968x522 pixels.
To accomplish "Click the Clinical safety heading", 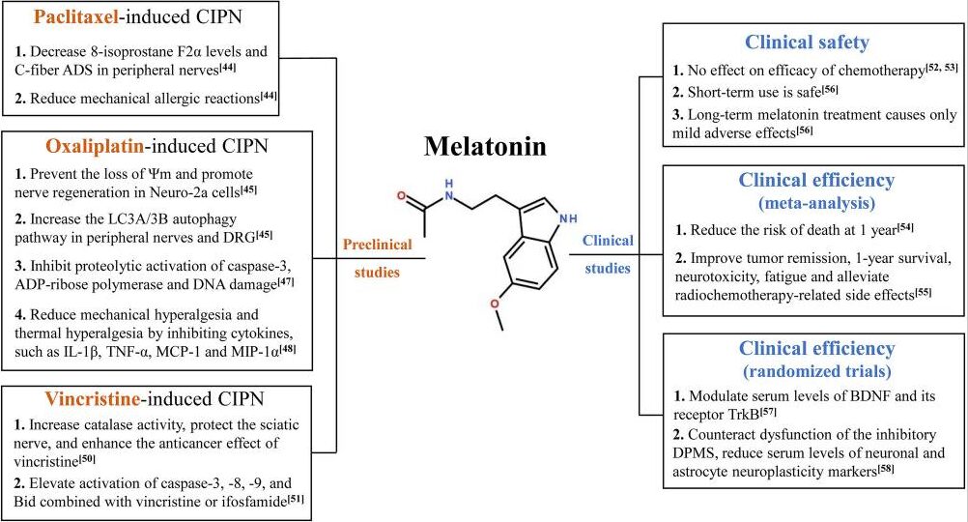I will point(808,43).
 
